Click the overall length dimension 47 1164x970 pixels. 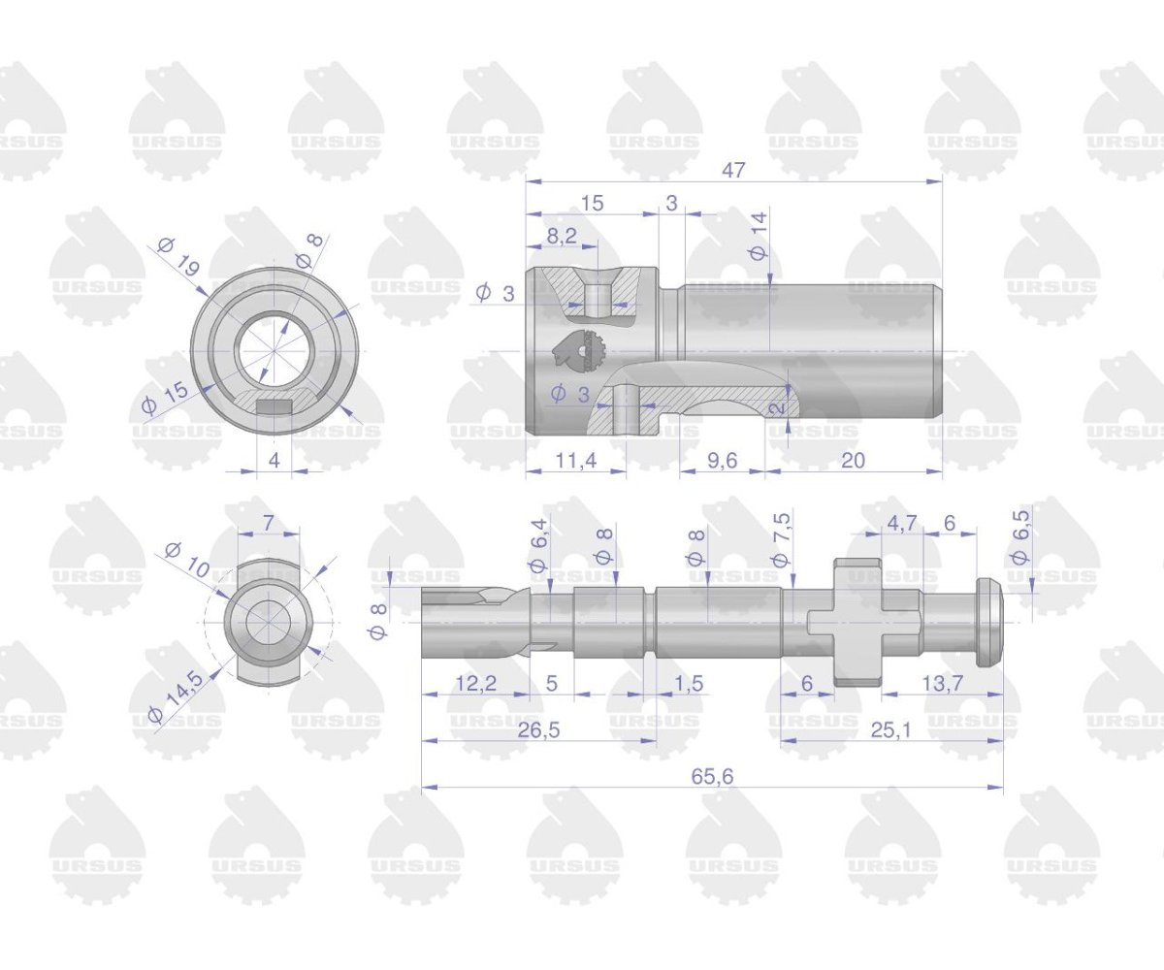click(x=733, y=169)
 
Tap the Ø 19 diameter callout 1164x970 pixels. click(x=179, y=256)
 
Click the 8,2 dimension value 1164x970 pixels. click(x=562, y=235)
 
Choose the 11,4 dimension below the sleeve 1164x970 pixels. click(x=575, y=460)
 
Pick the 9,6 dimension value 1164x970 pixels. click(x=722, y=460)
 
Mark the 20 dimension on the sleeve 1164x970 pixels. click(x=853, y=460)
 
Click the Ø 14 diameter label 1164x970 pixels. click(x=759, y=234)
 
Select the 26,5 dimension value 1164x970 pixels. click(x=539, y=729)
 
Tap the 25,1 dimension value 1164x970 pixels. click(x=890, y=729)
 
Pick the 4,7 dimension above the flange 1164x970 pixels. click(x=901, y=523)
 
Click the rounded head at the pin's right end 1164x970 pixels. click(x=987, y=623)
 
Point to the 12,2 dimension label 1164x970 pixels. click(x=475, y=684)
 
